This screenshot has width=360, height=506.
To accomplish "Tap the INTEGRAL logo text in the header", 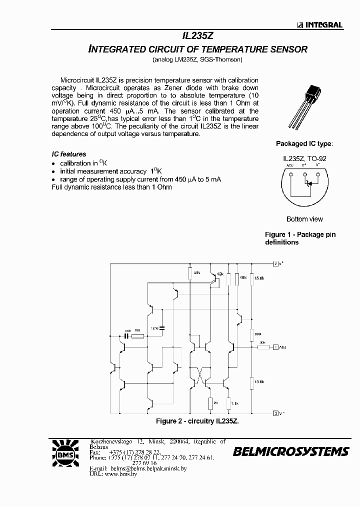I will coord(320,25).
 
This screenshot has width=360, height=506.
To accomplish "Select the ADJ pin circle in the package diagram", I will coord(290,174).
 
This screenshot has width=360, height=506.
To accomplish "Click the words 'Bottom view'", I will coord(304,219).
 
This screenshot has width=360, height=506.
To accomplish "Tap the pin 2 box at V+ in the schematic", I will coord(275,263).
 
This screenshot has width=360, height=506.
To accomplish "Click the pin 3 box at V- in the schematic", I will coord(275,413).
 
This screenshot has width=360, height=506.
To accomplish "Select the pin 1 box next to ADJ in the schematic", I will coord(275,346).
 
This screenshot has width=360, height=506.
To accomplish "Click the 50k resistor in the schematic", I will coord(190,273).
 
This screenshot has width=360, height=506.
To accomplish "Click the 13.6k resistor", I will coord(252,382).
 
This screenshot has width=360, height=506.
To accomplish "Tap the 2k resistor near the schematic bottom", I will coord(211,402).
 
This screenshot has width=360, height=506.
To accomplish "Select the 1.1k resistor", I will coord(228,403).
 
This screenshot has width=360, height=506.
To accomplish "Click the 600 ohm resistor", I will coord(252,333).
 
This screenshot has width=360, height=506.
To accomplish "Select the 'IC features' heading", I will coord(69,154).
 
